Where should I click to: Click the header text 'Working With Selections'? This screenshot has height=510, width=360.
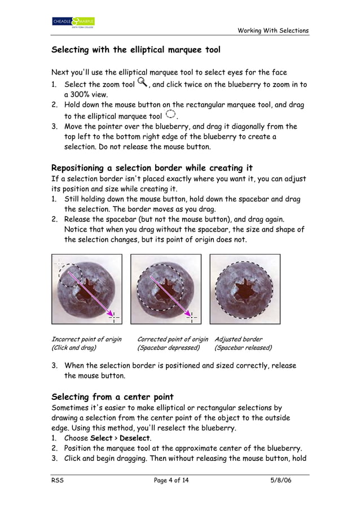point(273,30)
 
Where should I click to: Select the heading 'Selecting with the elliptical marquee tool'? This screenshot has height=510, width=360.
point(136,50)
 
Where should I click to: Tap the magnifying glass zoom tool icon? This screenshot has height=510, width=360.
point(141,83)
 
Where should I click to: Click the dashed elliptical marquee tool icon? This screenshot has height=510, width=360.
point(171,115)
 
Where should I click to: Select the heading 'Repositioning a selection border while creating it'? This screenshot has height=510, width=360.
point(152,168)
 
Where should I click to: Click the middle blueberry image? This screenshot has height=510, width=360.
point(166,289)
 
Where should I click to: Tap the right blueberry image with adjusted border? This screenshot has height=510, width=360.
point(245,289)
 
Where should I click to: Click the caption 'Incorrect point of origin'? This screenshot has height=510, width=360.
point(86,339)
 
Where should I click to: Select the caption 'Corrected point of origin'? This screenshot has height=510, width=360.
point(173,339)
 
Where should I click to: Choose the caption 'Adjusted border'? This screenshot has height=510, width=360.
point(238,339)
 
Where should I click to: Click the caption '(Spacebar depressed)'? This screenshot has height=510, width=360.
point(165,348)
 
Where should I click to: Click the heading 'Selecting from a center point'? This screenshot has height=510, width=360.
point(112,396)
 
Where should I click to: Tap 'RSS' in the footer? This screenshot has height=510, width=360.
point(57,481)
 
